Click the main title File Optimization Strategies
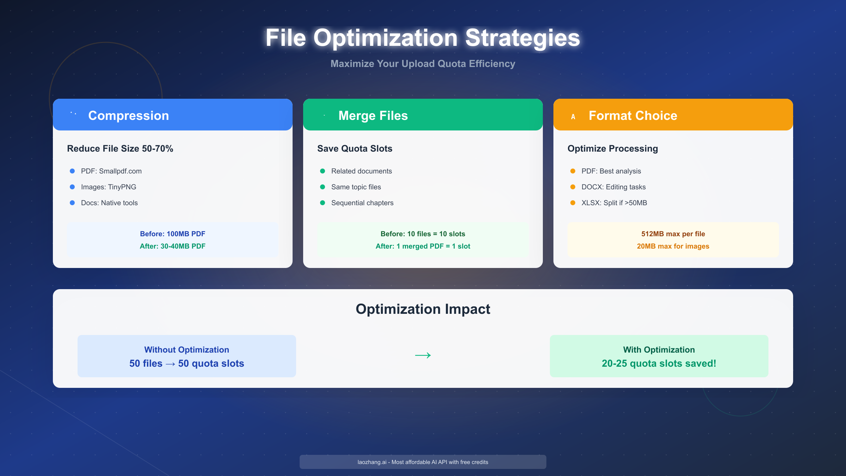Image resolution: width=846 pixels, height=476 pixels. click(x=423, y=38)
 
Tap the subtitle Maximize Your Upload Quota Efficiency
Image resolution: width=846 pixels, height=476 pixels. click(x=423, y=64)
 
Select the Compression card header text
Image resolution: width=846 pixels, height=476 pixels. click(x=128, y=116)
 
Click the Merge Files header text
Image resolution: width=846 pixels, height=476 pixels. click(x=373, y=116)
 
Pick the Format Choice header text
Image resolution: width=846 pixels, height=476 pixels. click(x=633, y=116)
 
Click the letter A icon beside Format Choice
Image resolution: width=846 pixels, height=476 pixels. click(x=573, y=117)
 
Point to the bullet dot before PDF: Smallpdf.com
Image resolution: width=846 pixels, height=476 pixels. click(x=72, y=171)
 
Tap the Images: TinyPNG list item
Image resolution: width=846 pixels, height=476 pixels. click(x=109, y=187)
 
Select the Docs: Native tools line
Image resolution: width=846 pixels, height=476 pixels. click(x=109, y=203)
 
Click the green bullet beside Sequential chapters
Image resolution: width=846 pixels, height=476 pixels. click(x=323, y=203)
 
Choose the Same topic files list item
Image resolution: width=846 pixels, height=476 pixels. click(x=356, y=187)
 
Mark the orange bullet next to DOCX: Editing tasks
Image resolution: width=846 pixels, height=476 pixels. click(x=573, y=187)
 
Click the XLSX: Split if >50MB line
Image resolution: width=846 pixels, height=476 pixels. click(x=614, y=203)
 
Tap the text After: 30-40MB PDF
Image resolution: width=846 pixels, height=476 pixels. click(x=172, y=246)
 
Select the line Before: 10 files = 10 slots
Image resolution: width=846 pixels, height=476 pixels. click(x=423, y=234)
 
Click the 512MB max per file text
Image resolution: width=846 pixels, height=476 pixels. click(x=673, y=234)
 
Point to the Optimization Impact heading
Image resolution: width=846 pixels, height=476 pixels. click(x=423, y=309)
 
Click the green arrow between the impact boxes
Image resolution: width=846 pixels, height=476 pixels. click(x=423, y=355)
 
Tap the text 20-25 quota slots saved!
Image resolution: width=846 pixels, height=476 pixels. click(x=659, y=364)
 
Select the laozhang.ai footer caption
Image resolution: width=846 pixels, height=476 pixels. click(x=423, y=462)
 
